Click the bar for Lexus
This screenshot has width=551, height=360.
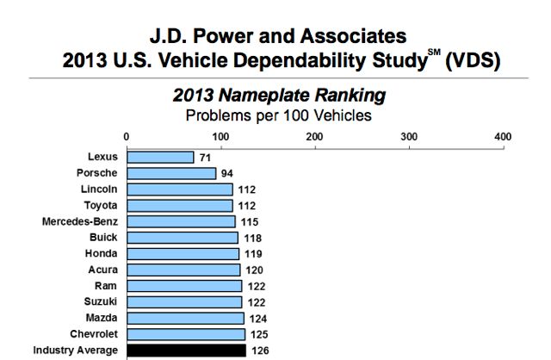pos(160,157)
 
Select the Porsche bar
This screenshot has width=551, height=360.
pos(171,173)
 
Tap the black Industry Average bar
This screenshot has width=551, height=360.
pos(186,351)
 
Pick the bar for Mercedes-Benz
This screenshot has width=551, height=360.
pos(181,221)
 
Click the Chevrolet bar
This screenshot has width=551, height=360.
pos(186,334)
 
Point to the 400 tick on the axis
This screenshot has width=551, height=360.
pos(503,136)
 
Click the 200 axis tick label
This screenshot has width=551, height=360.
pos(314,136)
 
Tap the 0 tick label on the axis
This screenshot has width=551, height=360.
pos(127,136)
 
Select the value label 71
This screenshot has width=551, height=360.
pos(205,158)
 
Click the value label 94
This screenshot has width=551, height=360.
pos(227,173)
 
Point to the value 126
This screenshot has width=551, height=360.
pos(259,351)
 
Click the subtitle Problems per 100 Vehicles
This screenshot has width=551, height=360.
pos(275,113)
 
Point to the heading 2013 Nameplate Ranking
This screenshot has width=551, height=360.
pos(276,94)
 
